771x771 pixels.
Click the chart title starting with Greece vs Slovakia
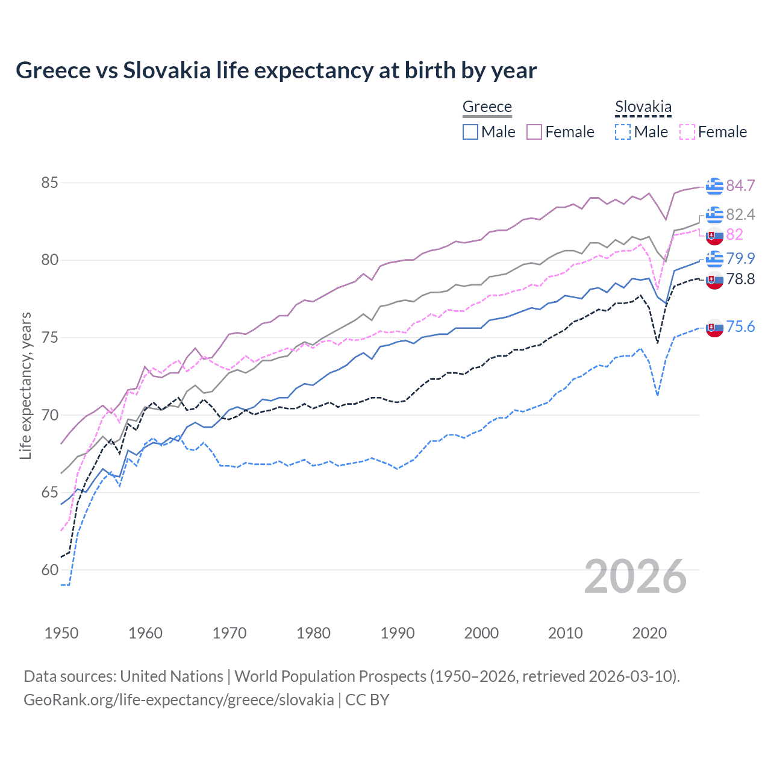276,70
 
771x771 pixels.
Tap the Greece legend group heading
487,107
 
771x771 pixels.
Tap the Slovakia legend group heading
643,107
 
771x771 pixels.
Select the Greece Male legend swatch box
470,132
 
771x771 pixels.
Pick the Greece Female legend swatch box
534,132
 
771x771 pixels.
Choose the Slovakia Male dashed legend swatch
623,132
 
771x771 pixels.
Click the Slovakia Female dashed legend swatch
687,132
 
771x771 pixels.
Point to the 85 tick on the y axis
49,183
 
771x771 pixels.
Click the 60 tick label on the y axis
49,570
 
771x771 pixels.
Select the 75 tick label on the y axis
49,337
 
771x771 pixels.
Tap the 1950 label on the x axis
61,633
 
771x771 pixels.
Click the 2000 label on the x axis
481,633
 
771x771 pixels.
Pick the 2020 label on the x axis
649,633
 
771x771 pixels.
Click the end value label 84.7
740,186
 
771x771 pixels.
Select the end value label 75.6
740,326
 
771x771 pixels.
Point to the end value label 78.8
740,279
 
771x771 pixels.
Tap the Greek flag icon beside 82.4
714,214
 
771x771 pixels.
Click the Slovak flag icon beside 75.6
714,328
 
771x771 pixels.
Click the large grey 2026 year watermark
635,576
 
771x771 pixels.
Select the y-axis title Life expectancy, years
25,385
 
